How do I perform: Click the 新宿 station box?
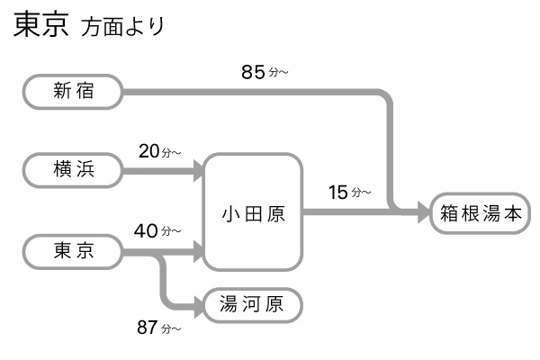click(x=73, y=90)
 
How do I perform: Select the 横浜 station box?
click(x=73, y=169)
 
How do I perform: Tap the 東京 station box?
click(x=73, y=251)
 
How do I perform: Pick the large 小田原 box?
click(x=253, y=212)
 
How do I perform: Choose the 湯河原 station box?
click(x=253, y=305)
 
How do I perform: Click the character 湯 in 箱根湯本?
click(x=493, y=213)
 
